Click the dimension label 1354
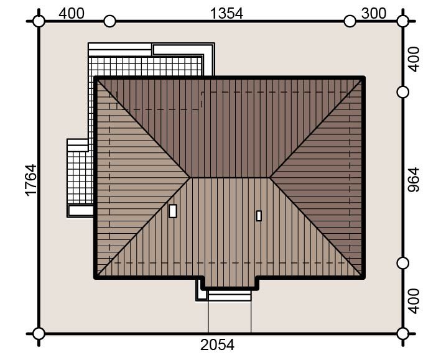pyautogui.click(x=226, y=14)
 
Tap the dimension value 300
pyautogui.click(x=374, y=14)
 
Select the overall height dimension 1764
pyautogui.click(x=31, y=180)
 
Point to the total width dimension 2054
pyautogui.click(x=217, y=345)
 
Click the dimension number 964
pyautogui.click(x=414, y=180)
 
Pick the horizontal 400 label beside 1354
pyautogui.click(x=72, y=14)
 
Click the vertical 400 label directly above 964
pyautogui.click(x=414, y=59)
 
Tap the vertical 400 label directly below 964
pyautogui.click(x=414, y=301)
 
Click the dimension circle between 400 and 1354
pyautogui.click(x=109, y=21)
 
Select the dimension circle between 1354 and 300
pyautogui.click(x=350, y=21)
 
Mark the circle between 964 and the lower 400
pyautogui.click(x=403, y=263)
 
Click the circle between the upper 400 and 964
pyautogui.click(x=403, y=92)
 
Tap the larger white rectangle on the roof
pyautogui.click(x=173, y=211)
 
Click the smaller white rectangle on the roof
pyautogui.click(x=259, y=216)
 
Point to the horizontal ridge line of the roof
pyautogui.click(x=230, y=178)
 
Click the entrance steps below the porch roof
pyautogui.click(x=230, y=296)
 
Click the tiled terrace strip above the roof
pyautogui.click(x=146, y=67)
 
